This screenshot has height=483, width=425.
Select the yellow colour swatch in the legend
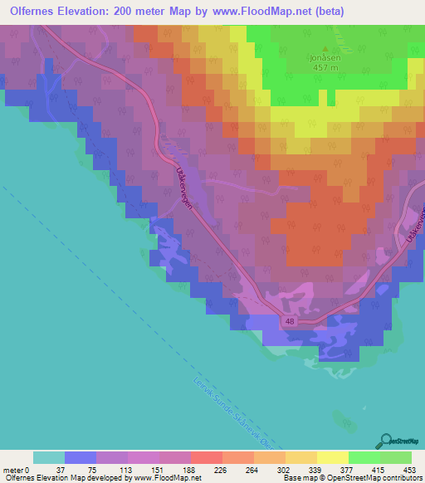click(x=333, y=457)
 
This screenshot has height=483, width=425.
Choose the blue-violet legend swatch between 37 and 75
click(x=81, y=457)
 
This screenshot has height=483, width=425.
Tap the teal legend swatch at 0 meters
click(x=49, y=457)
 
